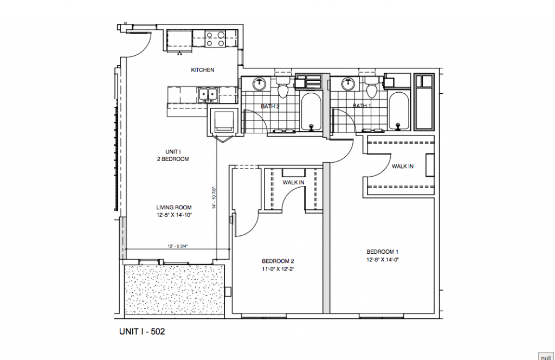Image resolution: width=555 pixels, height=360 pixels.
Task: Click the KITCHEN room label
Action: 203,70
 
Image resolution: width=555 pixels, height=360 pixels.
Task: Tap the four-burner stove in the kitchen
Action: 215,39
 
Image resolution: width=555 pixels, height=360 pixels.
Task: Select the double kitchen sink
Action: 208,95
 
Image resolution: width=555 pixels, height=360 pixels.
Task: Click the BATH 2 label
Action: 270,106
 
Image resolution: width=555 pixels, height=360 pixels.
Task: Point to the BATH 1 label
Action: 362,106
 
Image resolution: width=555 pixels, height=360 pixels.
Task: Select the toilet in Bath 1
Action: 371,87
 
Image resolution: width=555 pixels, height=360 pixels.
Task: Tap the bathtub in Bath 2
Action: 311,112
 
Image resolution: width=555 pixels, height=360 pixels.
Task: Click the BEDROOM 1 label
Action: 382,252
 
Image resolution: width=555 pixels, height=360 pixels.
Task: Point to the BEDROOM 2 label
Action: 278,260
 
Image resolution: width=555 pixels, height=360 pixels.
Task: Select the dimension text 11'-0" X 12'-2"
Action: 278,268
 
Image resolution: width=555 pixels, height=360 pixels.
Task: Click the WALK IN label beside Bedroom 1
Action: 403,166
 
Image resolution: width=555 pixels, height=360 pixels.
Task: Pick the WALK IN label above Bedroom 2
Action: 293,183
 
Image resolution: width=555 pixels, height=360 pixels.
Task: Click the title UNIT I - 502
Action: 141,331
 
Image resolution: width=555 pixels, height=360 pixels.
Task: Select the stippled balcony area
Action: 173,290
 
